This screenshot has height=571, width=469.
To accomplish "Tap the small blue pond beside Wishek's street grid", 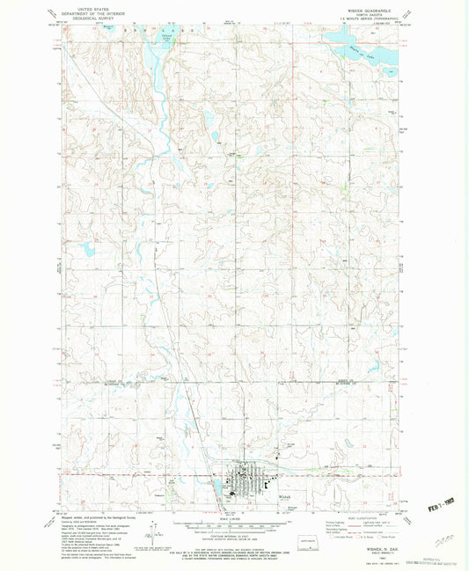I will (216, 484).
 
